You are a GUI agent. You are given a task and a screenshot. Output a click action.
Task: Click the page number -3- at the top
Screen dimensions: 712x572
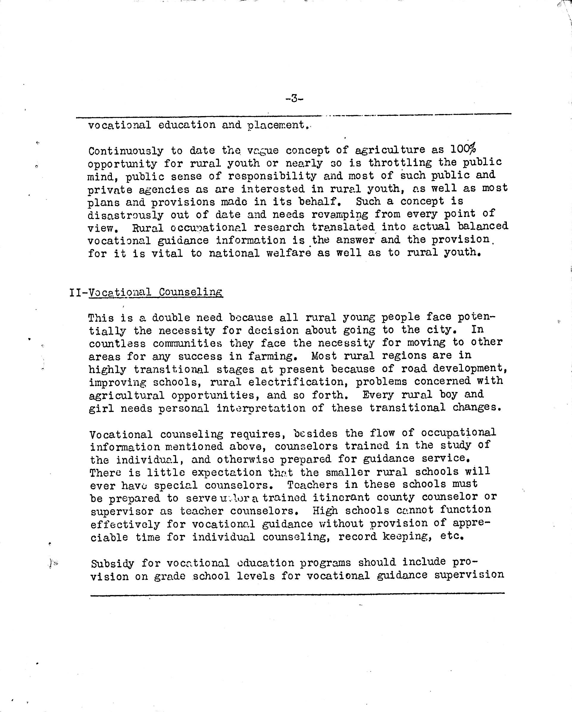click(x=294, y=98)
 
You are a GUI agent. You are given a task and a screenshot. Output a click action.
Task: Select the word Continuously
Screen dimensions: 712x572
click(x=126, y=151)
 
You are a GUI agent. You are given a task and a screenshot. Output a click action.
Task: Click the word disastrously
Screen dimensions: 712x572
click(x=126, y=215)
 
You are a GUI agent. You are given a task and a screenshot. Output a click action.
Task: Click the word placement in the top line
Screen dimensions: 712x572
click(x=276, y=125)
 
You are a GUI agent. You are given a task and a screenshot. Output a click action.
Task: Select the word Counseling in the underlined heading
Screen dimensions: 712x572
click(x=190, y=292)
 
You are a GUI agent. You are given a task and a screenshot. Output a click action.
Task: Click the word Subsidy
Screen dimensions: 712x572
click(x=112, y=563)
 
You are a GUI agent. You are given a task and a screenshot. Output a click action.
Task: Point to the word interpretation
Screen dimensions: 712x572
click(x=261, y=408)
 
